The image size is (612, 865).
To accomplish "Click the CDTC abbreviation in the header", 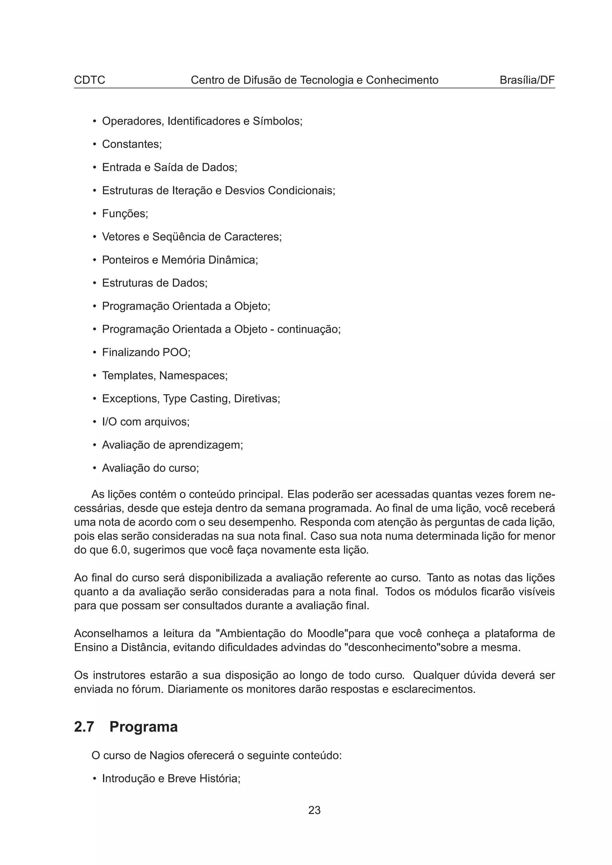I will [x=89, y=80].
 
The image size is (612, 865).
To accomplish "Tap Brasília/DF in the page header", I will [x=527, y=80].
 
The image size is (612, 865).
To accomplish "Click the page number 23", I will [x=314, y=810].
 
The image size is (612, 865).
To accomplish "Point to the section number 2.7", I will [x=84, y=727].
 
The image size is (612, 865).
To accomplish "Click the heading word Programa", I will [x=143, y=727].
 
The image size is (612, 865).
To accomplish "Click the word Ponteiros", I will [x=126, y=260].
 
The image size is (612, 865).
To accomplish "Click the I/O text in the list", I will [x=109, y=421].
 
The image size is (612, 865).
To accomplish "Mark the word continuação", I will [x=308, y=329].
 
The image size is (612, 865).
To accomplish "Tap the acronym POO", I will [x=175, y=352].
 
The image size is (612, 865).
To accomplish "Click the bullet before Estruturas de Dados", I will [x=95, y=283].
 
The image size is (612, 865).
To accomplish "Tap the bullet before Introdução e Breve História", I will [x=95, y=779].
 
